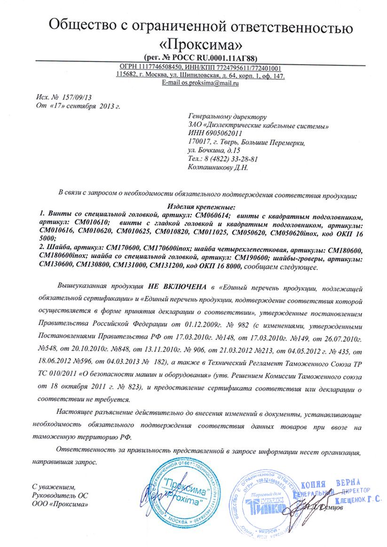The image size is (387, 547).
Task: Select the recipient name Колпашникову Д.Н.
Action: tap(217, 167)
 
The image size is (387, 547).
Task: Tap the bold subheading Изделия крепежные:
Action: tap(201, 206)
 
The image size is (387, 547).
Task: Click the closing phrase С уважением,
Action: tap(53, 487)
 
